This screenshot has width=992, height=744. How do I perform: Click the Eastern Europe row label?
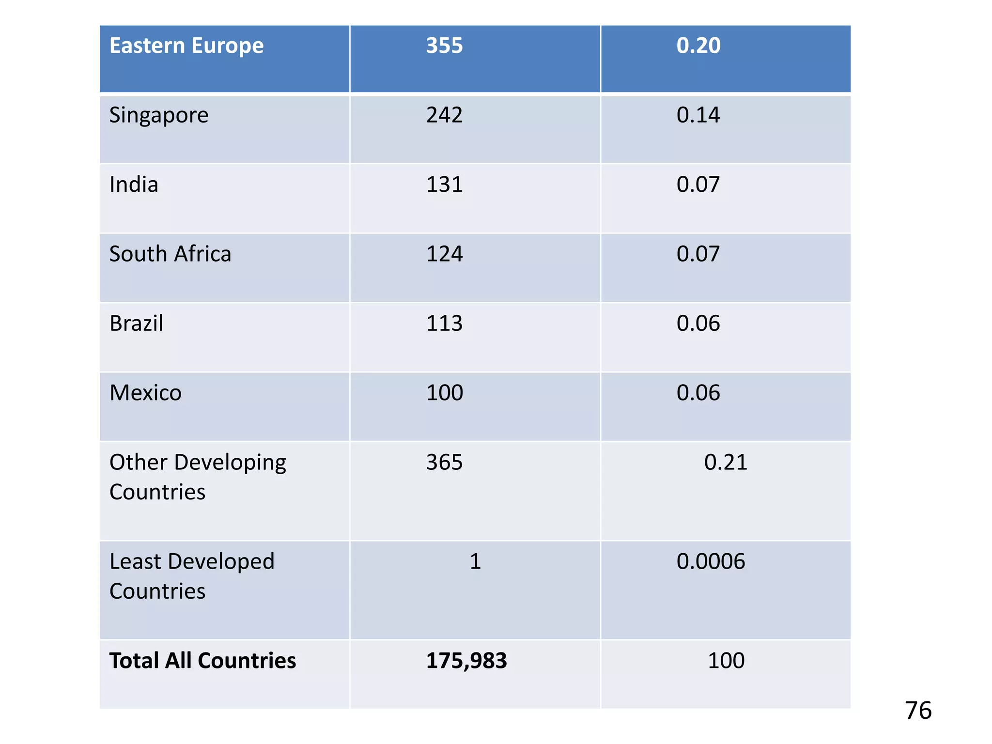(x=186, y=46)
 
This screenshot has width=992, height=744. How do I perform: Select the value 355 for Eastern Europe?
(x=444, y=46)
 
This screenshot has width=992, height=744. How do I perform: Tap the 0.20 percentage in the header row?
(x=698, y=46)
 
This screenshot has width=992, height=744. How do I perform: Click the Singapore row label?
(x=159, y=116)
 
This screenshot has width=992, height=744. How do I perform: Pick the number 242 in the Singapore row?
(x=444, y=115)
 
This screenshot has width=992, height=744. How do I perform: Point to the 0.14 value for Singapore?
(x=698, y=115)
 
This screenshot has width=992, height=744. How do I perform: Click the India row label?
(x=134, y=185)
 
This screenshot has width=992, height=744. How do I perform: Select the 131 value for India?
(x=444, y=185)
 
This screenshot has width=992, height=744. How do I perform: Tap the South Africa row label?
(x=170, y=254)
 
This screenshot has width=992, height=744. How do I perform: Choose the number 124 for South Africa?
(x=444, y=254)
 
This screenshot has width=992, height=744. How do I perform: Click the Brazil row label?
(x=136, y=323)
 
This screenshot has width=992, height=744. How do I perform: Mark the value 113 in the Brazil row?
(x=444, y=323)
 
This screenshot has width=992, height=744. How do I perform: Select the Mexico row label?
(x=145, y=393)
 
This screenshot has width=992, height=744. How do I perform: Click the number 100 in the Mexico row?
(x=444, y=393)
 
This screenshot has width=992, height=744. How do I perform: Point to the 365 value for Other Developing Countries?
(x=444, y=462)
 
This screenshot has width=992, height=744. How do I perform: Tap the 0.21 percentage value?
(x=726, y=462)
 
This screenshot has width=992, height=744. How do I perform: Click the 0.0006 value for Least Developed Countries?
(x=711, y=561)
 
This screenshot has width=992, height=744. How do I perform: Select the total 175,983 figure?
(x=466, y=661)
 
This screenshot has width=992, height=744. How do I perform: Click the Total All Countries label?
(x=202, y=661)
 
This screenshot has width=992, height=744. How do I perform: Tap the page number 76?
(x=918, y=711)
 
